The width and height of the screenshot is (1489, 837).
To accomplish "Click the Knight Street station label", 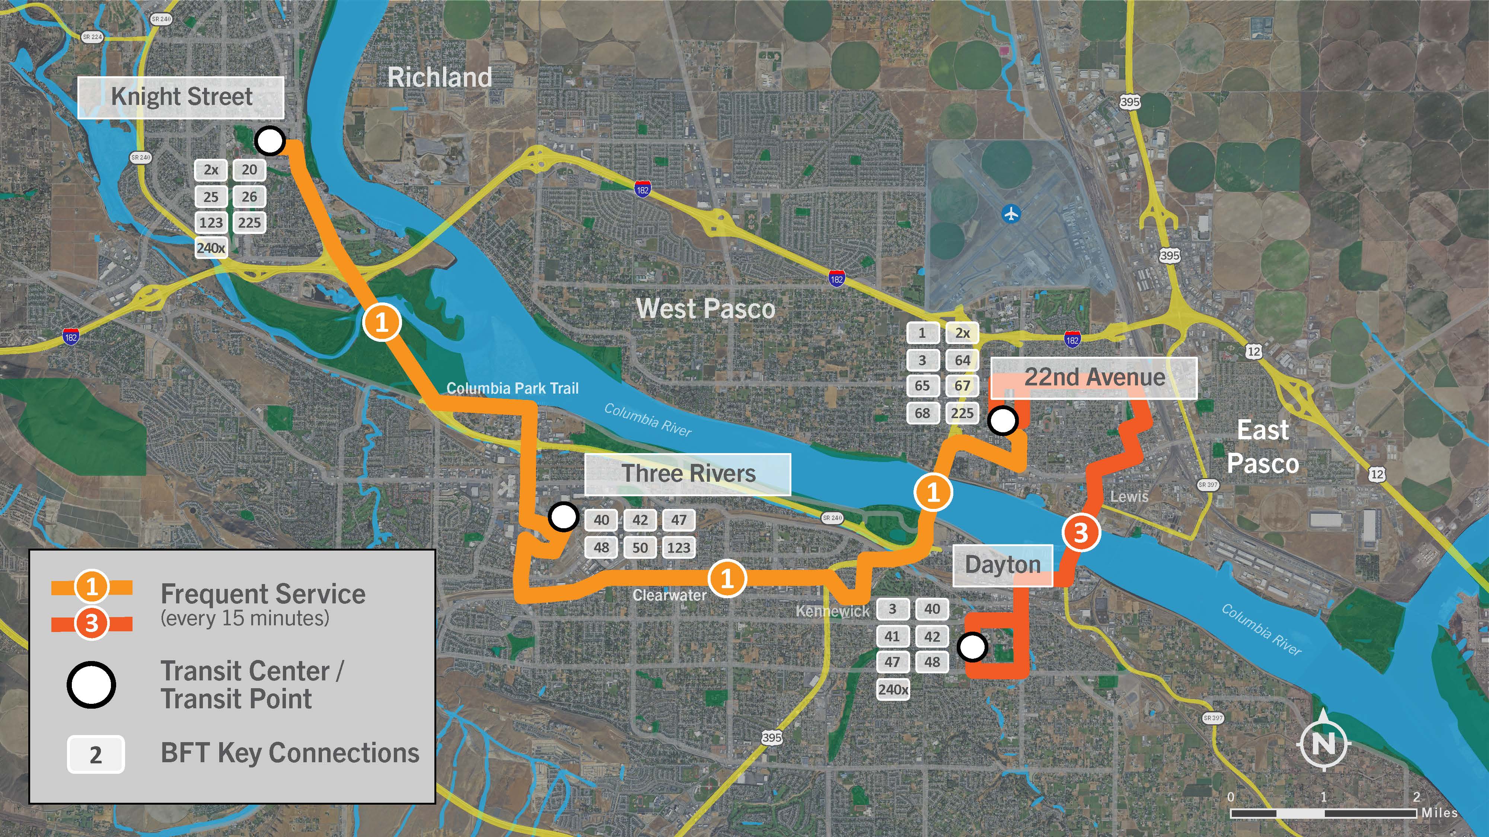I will click(181, 97).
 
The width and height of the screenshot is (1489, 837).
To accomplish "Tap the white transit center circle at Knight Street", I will click(270, 140).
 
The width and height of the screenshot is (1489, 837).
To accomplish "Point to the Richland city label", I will click(439, 77).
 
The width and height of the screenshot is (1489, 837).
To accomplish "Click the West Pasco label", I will click(705, 308).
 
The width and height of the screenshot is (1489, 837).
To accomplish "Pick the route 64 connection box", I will click(962, 360).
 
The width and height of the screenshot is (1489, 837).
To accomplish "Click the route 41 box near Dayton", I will click(892, 636).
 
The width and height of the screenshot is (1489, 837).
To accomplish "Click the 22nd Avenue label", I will click(1094, 378).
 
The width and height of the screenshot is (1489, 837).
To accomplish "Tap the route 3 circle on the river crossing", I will click(1080, 532).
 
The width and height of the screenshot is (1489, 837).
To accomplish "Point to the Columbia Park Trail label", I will click(512, 388).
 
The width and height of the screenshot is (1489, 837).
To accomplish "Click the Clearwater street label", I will click(669, 595).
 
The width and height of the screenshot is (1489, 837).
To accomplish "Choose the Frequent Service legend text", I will click(263, 594).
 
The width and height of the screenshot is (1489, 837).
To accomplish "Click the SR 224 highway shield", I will click(92, 37).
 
